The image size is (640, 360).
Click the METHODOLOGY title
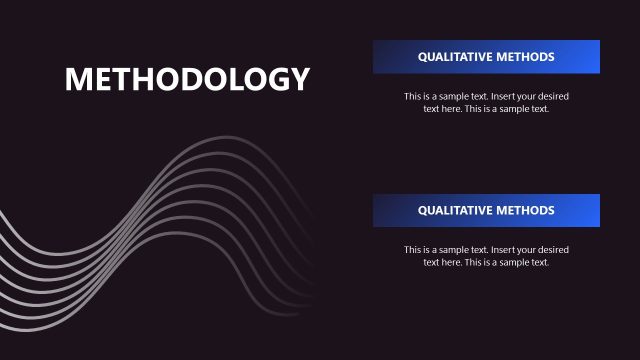click(187, 79)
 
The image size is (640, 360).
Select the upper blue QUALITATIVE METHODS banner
click(486, 57)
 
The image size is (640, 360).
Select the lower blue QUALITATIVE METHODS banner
click(486, 211)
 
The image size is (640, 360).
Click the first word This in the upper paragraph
click(412, 96)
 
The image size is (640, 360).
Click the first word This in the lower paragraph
click(412, 250)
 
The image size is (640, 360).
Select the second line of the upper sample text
click(486, 109)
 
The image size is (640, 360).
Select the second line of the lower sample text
click(486, 262)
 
